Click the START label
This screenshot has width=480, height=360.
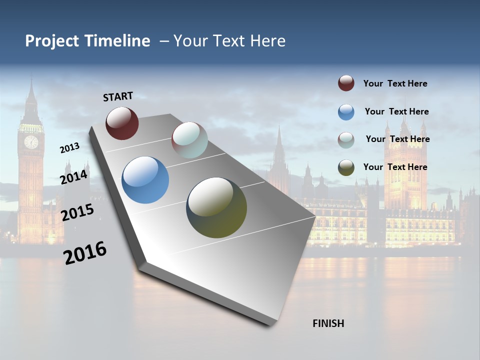click(118, 96)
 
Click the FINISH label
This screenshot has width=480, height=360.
click(328, 323)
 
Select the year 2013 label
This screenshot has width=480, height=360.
click(69, 148)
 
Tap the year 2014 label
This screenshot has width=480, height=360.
click(74, 177)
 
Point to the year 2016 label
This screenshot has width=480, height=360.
click(85, 253)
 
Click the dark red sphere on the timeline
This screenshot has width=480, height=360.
click(122, 123)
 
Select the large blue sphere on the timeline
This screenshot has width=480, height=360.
click(145, 180)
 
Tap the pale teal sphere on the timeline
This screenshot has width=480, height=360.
click(189, 140)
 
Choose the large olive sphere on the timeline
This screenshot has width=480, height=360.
click(216, 207)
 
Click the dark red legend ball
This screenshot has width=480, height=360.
click(346, 83)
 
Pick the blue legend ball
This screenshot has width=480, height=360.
click(346, 112)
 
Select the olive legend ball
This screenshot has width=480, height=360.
click(346, 167)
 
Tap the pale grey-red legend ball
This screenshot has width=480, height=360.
click(346, 139)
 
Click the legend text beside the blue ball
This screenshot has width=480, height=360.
click(396, 111)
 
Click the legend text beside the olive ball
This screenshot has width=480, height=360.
click(395, 167)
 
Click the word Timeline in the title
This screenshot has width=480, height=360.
click(117, 41)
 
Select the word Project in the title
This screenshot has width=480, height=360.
click(52, 41)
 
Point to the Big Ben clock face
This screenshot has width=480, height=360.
click(31, 142)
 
